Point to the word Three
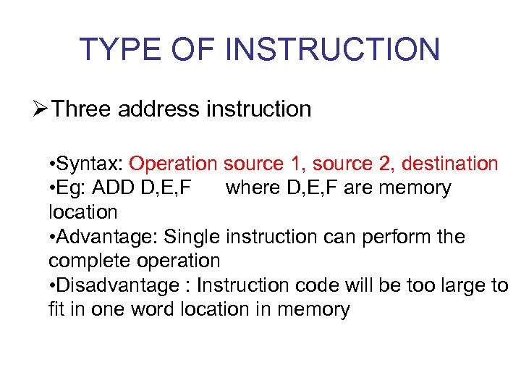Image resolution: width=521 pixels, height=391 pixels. click(x=82, y=109)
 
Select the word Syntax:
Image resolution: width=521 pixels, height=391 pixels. click(x=91, y=164)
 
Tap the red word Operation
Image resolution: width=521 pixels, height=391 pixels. click(x=174, y=164)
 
